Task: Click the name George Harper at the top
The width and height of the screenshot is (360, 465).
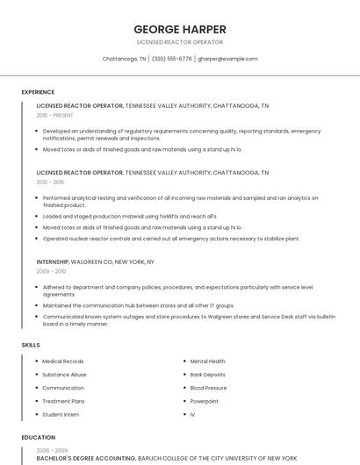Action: (x=180, y=29)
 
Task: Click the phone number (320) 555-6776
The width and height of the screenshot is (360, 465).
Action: (x=172, y=59)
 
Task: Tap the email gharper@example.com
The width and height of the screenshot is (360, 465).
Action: (x=227, y=59)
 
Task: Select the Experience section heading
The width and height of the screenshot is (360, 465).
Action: (x=38, y=92)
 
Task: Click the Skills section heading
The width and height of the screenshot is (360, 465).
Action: (x=31, y=345)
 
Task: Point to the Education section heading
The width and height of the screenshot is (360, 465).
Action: (x=37, y=436)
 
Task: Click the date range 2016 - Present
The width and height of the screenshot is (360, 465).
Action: (x=55, y=115)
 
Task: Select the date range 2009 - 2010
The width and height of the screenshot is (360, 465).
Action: (x=51, y=272)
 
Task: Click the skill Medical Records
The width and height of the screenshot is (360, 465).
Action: (x=63, y=361)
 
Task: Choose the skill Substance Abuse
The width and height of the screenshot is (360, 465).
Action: (x=64, y=375)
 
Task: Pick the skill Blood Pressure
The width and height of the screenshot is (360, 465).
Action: (x=208, y=388)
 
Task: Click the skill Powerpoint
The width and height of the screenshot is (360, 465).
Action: (x=204, y=401)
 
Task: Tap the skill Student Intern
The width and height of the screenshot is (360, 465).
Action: (x=61, y=414)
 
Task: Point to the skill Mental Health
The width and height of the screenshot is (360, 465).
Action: (x=207, y=361)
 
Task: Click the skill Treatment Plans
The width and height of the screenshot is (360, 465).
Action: (x=63, y=401)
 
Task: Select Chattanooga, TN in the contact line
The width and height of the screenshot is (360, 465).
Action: (x=125, y=59)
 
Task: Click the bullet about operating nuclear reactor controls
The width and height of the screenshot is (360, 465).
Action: (x=171, y=239)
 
